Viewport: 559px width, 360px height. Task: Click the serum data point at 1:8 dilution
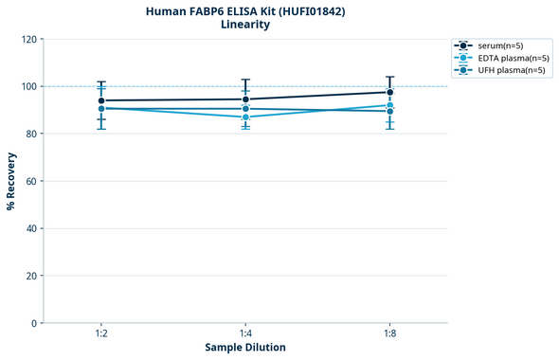pos(389,92)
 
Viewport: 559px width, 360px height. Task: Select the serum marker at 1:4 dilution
pos(245,99)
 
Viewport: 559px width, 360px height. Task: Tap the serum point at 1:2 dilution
pos(101,100)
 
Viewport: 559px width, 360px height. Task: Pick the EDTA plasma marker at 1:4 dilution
pos(245,117)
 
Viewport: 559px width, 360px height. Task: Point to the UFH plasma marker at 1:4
pos(245,109)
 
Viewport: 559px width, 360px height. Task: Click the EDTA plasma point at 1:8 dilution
pos(389,105)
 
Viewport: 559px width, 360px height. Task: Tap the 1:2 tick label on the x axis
pos(101,334)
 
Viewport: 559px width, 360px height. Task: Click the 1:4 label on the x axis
pos(245,334)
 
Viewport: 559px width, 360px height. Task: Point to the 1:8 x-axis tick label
pos(389,334)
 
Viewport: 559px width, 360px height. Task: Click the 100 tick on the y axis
pos(29,86)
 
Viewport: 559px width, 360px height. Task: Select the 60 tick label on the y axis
pos(32,181)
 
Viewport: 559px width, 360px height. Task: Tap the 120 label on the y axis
pos(29,39)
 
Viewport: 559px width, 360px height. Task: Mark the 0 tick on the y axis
pos(35,323)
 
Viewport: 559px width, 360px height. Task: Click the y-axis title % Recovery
pos(11,181)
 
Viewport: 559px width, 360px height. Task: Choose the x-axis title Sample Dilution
pos(245,348)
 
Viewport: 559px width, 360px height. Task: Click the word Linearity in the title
pos(245,25)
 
